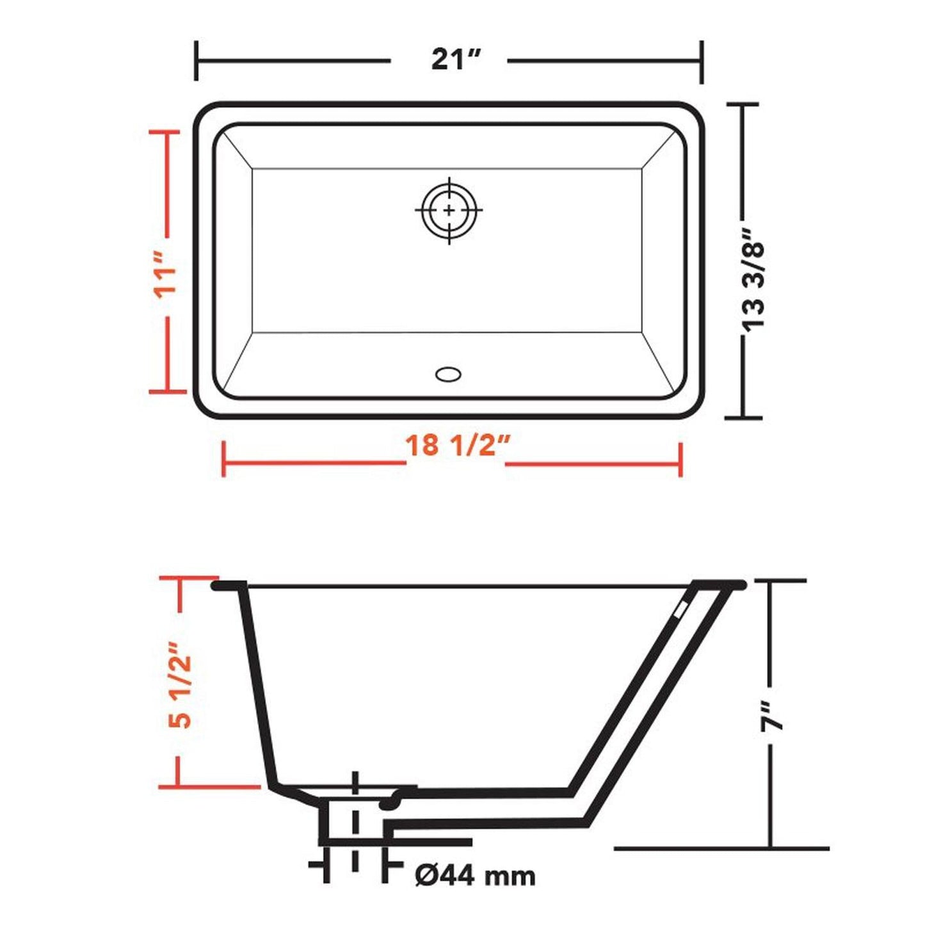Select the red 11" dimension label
pyautogui.click(x=165, y=274)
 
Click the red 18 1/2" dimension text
pyautogui.click(x=456, y=445)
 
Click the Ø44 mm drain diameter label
pyautogui.click(x=474, y=875)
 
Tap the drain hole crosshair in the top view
pyautogui.click(x=449, y=210)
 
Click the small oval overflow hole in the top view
pyautogui.click(x=448, y=374)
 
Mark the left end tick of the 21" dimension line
pyautogui.click(x=196, y=61)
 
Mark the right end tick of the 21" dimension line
pyautogui.click(x=702, y=61)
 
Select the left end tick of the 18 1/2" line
pyautogui.click(x=223, y=458)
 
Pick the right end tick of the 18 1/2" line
pyautogui.click(x=680, y=459)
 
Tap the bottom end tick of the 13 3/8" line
pyautogui.click(x=743, y=417)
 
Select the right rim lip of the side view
pyautogui.click(x=720, y=584)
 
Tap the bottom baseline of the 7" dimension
pyautogui.click(x=721, y=849)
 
